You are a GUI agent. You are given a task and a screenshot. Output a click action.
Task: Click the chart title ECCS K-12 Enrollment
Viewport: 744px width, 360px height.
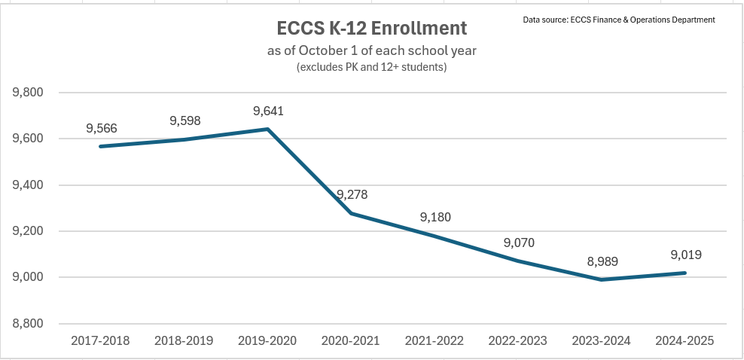[371, 29]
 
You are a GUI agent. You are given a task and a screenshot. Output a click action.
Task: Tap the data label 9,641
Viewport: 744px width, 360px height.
[268, 111]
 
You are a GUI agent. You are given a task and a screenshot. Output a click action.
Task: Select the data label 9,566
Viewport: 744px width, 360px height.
[101, 129]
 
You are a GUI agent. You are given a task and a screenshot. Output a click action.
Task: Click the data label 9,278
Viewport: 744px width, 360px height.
[352, 195]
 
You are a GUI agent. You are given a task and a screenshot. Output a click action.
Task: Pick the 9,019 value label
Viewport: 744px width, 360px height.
[685, 255]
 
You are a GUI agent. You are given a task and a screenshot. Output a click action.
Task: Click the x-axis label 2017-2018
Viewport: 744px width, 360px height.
[101, 340]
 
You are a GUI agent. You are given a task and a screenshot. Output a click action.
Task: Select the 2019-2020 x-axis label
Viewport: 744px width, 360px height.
[268, 340]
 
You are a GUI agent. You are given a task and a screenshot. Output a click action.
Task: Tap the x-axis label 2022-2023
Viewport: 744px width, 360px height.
[518, 340]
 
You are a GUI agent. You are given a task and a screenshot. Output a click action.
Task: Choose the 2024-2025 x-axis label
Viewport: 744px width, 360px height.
[685, 340]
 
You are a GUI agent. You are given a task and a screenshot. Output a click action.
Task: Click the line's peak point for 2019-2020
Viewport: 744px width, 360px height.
[268, 129]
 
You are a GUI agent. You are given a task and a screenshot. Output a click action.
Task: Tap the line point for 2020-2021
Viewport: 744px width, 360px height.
[352, 213]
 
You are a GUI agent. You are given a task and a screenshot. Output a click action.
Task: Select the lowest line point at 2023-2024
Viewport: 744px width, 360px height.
[601, 279]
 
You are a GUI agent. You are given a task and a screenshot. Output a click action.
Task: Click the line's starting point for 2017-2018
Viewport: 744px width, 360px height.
[101, 146]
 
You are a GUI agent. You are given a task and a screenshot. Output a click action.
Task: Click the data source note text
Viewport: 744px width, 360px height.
[619, 19]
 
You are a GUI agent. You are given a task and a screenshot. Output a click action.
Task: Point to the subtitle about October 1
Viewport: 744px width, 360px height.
[372, 51]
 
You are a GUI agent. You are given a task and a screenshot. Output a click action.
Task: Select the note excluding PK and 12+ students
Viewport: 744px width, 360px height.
[372, 67]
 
